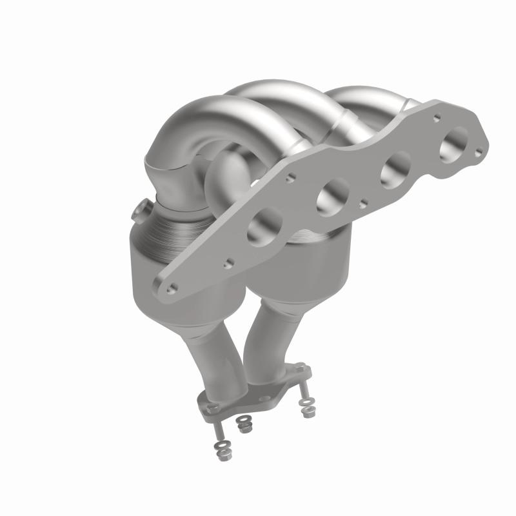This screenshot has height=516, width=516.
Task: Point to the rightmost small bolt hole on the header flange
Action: tap(478, 152)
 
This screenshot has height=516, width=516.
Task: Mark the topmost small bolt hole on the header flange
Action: tap(437, 118)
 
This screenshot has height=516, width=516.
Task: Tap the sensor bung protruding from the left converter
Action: tap(140, 211)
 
